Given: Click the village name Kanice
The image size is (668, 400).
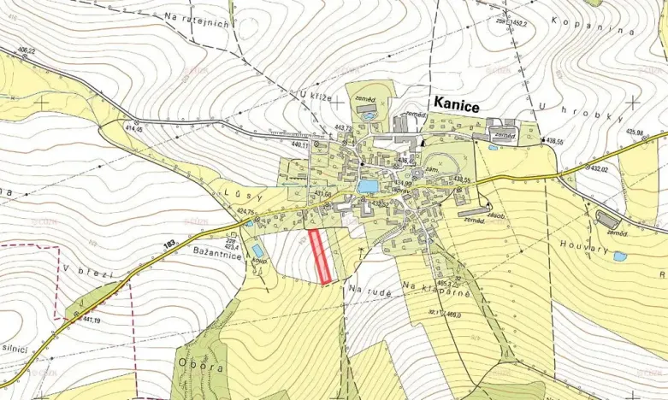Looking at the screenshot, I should pos(457,103).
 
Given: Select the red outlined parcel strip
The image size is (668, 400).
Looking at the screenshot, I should pos(321,256).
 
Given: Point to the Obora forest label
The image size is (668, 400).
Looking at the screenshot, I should pos(201,366).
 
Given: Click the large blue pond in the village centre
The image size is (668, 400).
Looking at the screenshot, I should pos(369,185).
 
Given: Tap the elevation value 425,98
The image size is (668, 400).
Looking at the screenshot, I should pos(635,132).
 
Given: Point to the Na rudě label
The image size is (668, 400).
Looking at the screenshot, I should pos(370,291).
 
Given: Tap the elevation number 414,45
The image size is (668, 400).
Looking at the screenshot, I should pos(135,129).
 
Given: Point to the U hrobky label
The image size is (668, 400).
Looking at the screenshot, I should pos(573,109).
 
